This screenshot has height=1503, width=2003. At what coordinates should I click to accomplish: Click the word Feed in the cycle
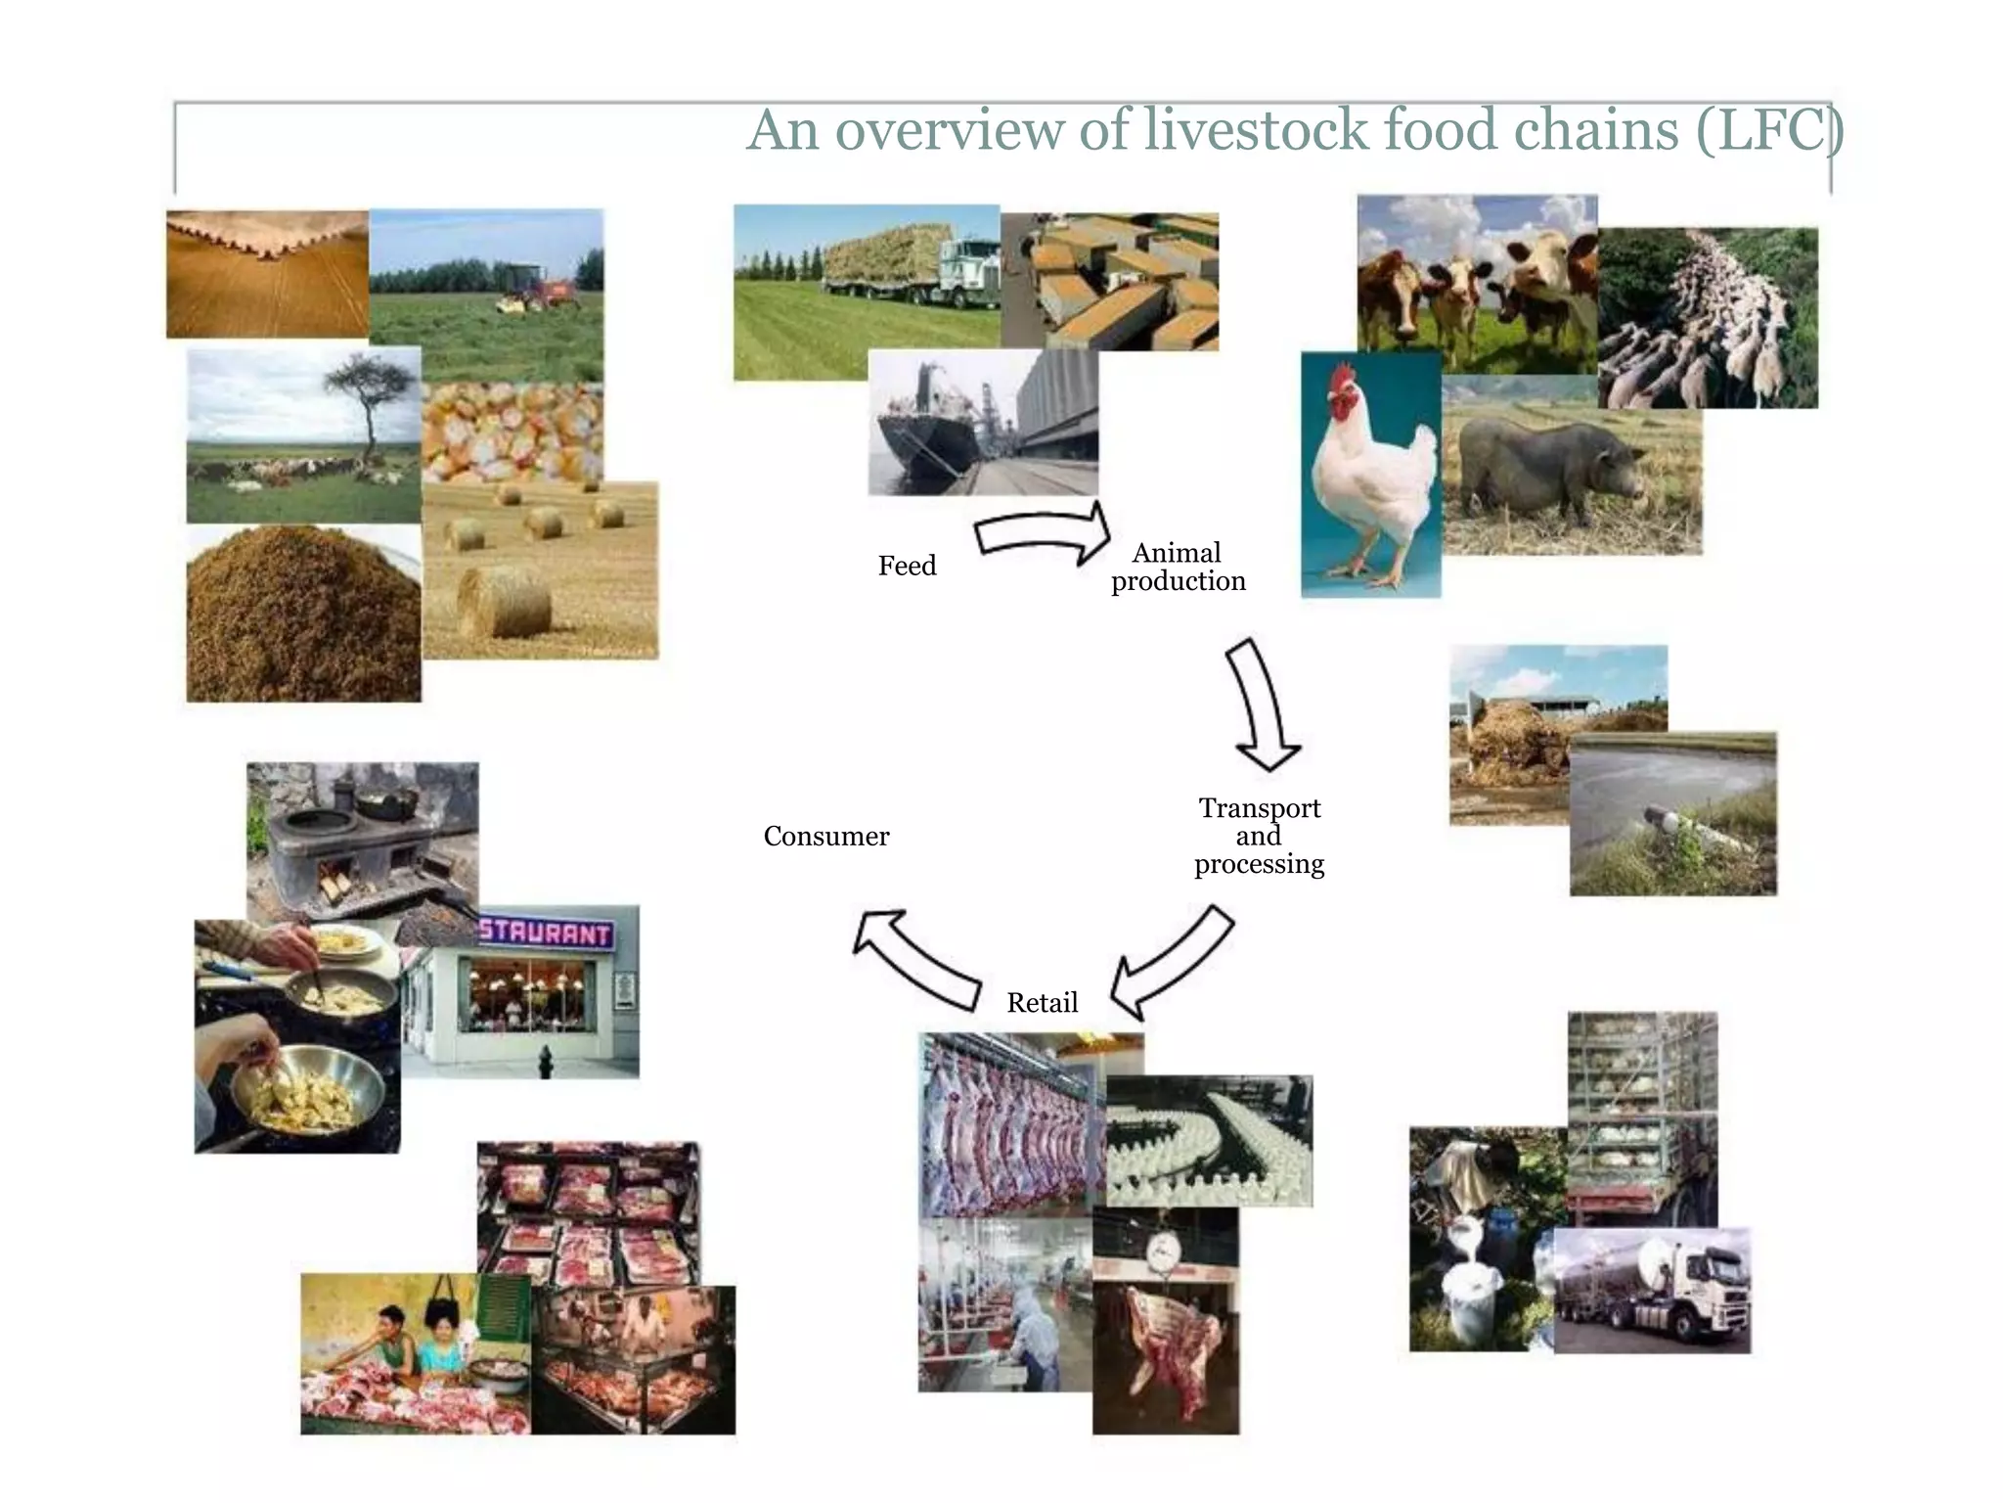click(907, 566)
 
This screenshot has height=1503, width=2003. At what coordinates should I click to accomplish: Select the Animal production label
click(1178, 568)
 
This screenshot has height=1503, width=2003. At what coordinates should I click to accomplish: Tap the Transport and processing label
click(1259, 836)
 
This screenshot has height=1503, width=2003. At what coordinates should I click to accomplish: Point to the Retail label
click(1042, 1003)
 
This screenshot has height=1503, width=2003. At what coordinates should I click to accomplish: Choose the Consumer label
click(826, 837)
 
